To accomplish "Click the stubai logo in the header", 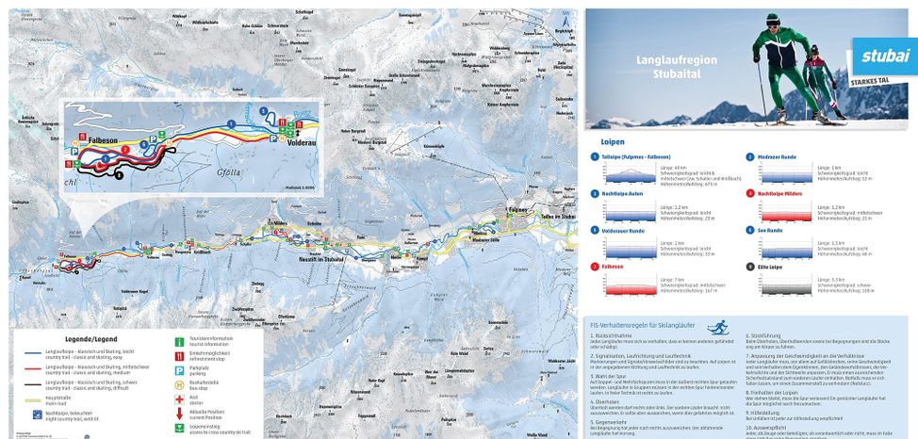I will (884, 56).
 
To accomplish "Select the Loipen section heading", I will (614, 142).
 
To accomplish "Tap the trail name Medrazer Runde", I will (777, 156).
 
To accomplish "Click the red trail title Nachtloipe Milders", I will (780, 192).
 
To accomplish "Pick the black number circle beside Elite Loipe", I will (750, 266).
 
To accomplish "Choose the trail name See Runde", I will (769, 229).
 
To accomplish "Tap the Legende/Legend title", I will (91, 338).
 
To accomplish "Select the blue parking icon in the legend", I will (180, 368).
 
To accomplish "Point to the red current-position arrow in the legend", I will (180, 412).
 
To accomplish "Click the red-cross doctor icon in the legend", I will (180, 397).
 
